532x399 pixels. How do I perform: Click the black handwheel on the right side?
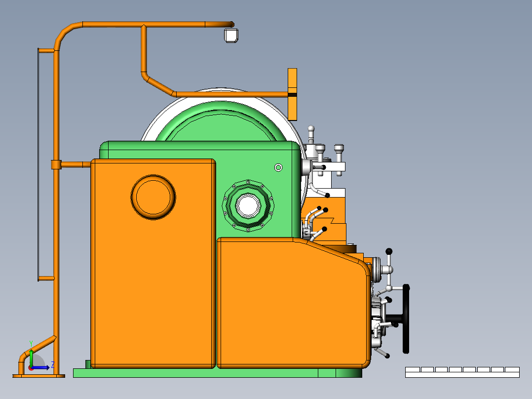pos(406,319)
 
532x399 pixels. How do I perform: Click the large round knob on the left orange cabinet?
pos(153,197)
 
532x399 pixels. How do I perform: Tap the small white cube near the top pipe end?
pos(231,36)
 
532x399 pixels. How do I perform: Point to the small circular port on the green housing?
pos(278,167)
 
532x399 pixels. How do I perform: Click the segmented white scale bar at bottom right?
pos(462,372)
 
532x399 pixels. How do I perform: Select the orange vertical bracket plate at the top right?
pos(292,94)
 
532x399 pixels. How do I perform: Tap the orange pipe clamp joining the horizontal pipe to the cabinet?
pos(56,164)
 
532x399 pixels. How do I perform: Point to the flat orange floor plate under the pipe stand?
pos(38,376)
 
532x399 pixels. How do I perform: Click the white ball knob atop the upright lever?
pos(311,129)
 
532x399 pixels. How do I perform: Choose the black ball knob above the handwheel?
pos(389,251)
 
